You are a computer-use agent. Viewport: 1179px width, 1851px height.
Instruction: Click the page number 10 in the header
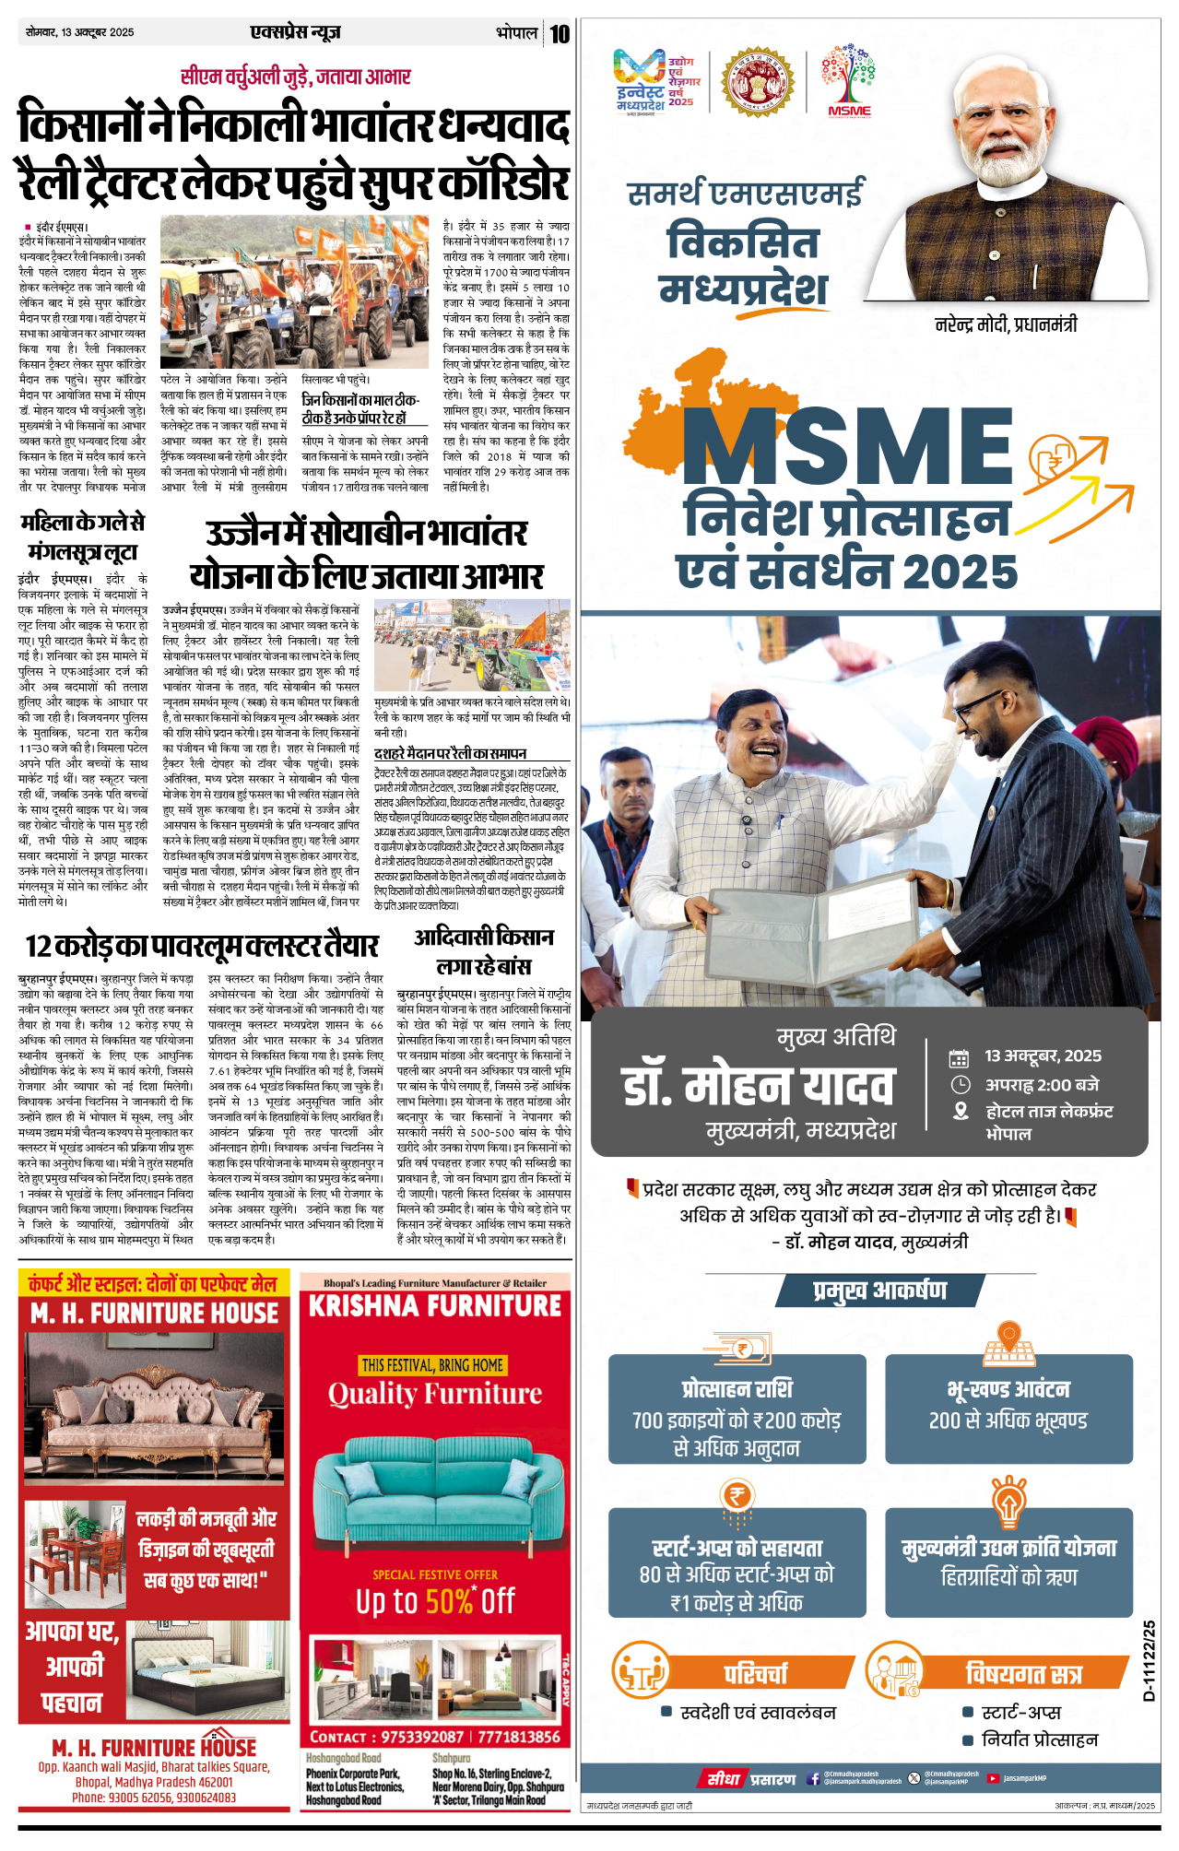click(560, 34)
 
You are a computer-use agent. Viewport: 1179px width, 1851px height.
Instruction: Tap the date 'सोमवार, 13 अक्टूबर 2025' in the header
click(80, 32)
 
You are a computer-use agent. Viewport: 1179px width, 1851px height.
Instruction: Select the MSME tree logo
click(849, 81)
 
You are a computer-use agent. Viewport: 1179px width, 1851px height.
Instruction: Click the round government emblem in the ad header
click(757, 81)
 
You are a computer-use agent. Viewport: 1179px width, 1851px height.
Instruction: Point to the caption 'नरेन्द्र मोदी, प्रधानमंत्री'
click(1006, 324)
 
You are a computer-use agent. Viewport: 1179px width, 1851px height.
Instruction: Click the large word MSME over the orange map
click(846, 446)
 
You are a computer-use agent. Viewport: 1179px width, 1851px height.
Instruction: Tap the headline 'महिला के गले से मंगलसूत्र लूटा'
click(83, 536)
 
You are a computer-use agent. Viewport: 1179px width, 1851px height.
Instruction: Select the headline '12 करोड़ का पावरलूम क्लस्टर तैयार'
click(202, 946)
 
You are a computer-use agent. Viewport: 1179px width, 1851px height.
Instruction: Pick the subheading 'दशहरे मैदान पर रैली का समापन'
click(450, 753)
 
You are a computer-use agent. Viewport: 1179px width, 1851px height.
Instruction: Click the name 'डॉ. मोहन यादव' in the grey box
click(758, 1085)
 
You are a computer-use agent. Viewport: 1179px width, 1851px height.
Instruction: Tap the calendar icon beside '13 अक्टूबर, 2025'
click(960, 1057)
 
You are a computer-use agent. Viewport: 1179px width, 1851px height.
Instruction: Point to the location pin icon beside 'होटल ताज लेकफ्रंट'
click(961, 1112)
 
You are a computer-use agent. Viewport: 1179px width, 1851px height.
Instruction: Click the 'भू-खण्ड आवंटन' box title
click(1008, 1389)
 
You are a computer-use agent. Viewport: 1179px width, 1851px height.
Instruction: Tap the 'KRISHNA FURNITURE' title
click(435, 1306)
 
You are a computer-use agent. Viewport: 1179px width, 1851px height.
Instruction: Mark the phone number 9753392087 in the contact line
click(422, 1737)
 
